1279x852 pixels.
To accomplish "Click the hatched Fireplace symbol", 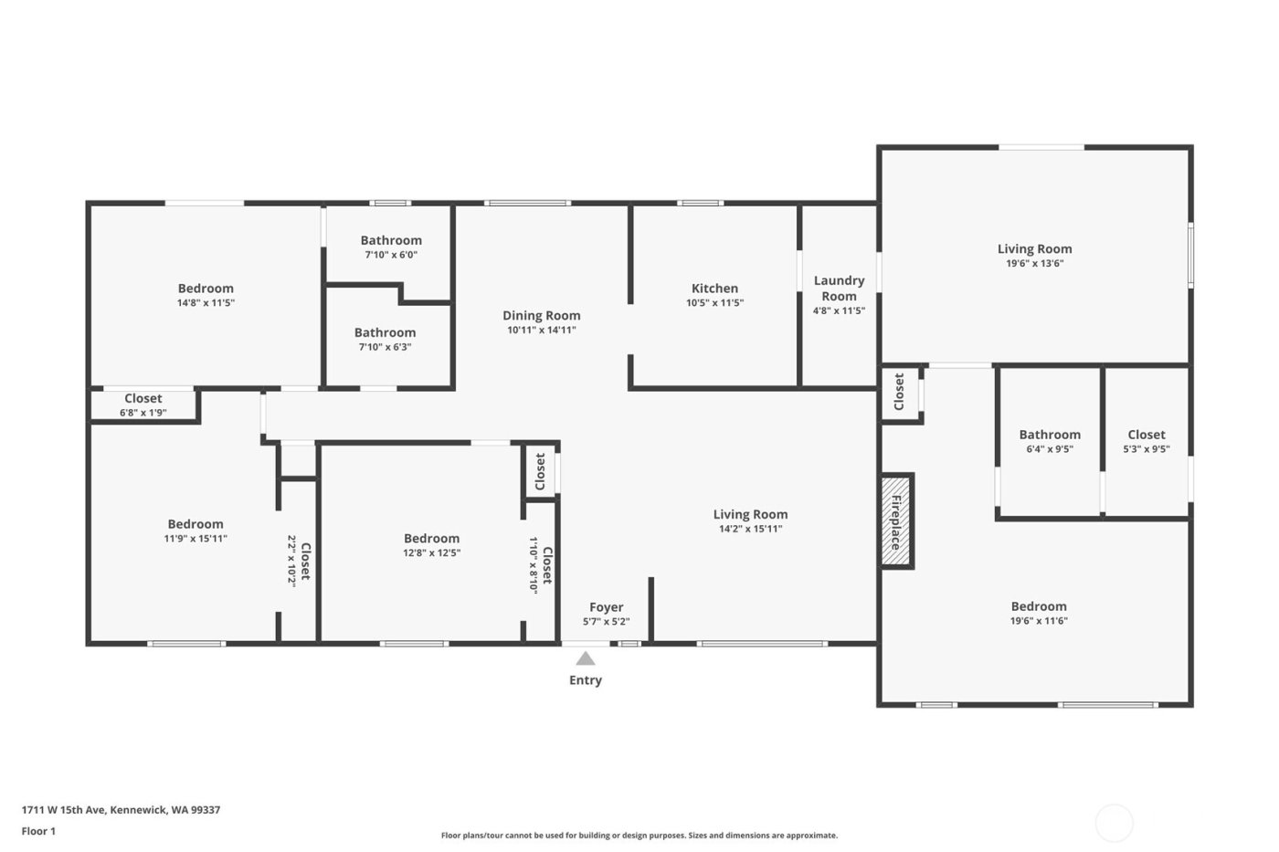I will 896,521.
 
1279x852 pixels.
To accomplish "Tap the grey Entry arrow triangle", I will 586,658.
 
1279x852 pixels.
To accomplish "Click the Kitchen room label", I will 714,289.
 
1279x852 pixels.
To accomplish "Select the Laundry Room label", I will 839,288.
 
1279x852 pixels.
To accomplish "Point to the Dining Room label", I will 541,316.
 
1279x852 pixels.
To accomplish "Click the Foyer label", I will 606,607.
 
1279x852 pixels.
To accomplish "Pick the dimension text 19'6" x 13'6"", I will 1034,264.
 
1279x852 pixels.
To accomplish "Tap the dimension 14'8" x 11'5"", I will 206,303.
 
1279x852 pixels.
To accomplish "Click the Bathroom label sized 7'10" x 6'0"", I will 391,241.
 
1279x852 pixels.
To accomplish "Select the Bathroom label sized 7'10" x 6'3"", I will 385,333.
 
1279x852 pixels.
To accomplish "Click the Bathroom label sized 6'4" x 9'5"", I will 1050,436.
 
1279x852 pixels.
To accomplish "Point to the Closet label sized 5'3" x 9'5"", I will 1146,436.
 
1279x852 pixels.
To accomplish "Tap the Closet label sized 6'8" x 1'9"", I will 143,399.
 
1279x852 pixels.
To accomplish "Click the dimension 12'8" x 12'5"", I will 431,552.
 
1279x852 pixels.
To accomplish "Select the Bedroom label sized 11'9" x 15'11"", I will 196,524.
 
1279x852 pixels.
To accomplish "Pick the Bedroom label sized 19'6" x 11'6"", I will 1039,607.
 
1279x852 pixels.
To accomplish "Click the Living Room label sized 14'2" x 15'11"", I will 750,515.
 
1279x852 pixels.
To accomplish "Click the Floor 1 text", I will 38,831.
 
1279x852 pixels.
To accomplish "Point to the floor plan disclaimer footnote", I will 639,836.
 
